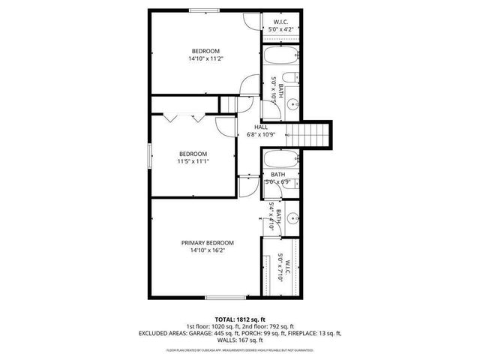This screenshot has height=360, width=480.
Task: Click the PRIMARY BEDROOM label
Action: point(207,243)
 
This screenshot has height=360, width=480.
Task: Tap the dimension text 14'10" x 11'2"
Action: point(207,58)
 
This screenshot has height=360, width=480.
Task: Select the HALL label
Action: point(261,127)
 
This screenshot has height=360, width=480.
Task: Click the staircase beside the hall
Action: point(310,135)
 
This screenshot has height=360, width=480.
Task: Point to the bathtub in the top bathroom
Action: point(281,56)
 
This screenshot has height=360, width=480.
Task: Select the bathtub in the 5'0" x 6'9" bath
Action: point(281,159)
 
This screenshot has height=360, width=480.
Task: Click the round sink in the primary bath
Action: point(293,220)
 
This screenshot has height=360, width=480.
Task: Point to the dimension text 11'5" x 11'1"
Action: point(193,161)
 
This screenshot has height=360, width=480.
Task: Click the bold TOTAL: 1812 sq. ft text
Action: point(239,319)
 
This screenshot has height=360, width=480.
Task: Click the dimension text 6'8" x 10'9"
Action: point(262,135)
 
